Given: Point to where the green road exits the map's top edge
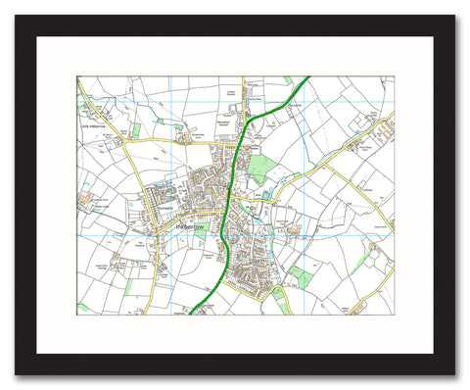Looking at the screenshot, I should tap(308, 77).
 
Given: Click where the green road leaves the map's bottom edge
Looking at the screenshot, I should tap(193, 315).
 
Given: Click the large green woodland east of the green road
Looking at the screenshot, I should tap(260, 168).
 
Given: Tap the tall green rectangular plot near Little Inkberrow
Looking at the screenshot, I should tap(136, 128).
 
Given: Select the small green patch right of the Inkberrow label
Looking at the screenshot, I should tap(201, 233).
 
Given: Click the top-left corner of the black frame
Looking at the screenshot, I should tap(17, 17).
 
